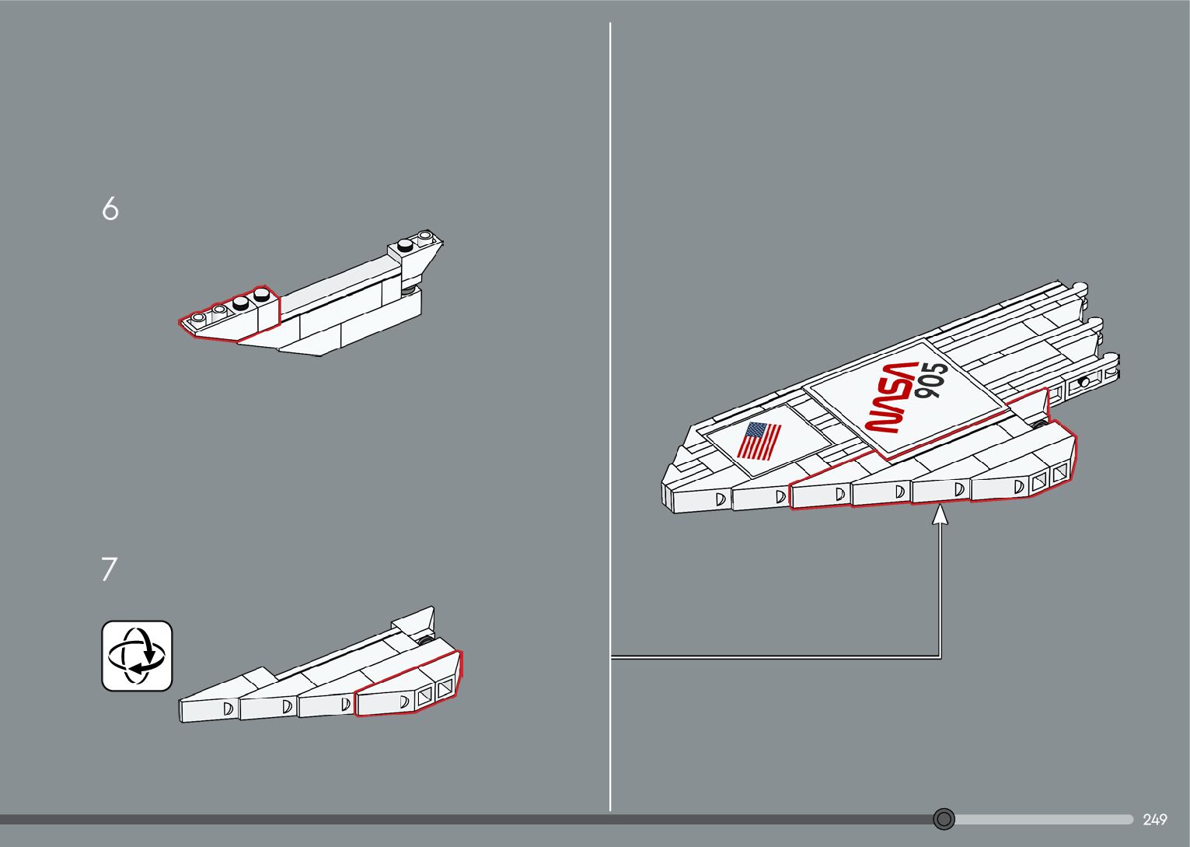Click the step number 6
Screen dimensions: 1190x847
click(x=110, y=208)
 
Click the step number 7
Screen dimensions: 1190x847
click(x=109, y=569)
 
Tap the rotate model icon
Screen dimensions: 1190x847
click(x=137, y=656)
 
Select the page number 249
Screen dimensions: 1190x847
click(x=1154, y=820)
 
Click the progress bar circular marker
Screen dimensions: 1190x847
click(x=944, y=819)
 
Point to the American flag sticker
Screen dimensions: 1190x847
click(x=759, y=441)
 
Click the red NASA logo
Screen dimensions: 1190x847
click(x=892, y=397)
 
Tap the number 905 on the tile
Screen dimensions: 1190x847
click(x=931, y=381)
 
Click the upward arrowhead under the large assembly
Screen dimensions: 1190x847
click(x=940, y=514)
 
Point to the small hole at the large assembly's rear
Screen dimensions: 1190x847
click(x=1083, y=383)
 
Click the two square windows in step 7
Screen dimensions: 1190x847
click(x=434, y=692)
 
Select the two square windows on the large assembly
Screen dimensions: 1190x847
click(x=1049, y=478)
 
